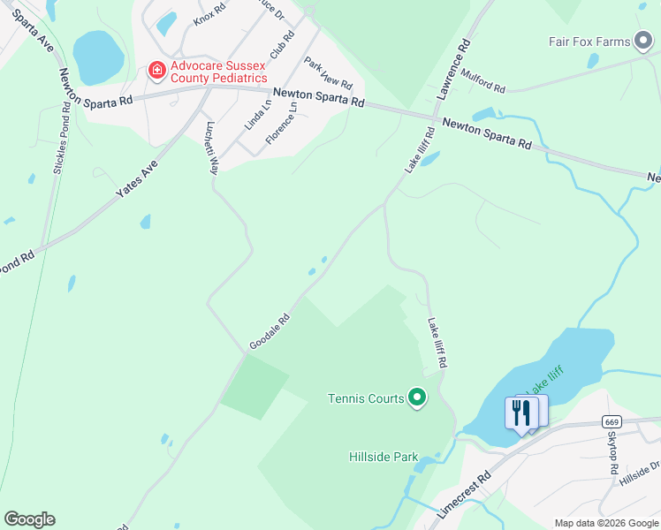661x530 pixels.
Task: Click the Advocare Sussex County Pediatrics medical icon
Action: pyautogui.click(x=156, y=68)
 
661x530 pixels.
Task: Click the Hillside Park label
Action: pyautogui.click(x=382, y=457)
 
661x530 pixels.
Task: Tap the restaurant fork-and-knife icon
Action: pyautogui.click(x=520, y=412)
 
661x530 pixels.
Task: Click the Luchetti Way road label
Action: pyautogui.click(x=212, y=148)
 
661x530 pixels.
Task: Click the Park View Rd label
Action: pyautogui.click(x=328, y=73)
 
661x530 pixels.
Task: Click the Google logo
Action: pyautogui.click(x=29, y=519)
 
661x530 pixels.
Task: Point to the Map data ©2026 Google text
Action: pyautogui.click(x=605, y=523)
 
